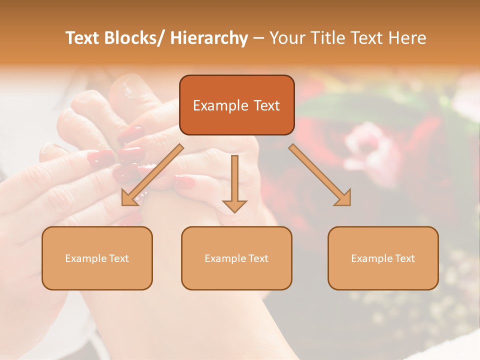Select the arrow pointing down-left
[152, 175]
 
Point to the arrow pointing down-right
[320, 175]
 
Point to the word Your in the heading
[287, 38]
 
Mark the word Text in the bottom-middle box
[258, 258]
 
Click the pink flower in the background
[367, 142]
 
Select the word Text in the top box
[266, 105]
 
